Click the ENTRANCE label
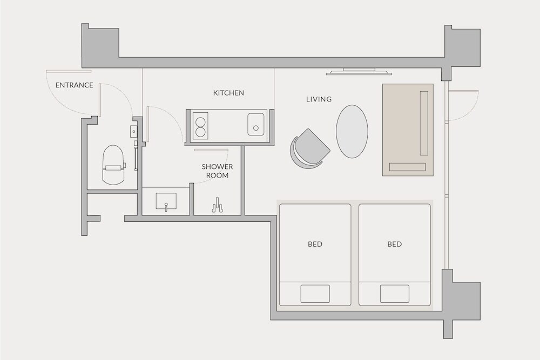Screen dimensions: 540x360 tap(75, 85)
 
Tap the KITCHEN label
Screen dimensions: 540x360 tap(228, 93)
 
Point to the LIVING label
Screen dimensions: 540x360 tap(319, 99)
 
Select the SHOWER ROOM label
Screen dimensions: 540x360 tap(217, 171)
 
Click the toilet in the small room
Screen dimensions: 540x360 tap(113, 165)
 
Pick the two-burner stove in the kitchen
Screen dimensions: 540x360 tap(200, 126)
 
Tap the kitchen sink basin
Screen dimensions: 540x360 tap(256, 124)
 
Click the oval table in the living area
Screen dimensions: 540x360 tap(352, 132)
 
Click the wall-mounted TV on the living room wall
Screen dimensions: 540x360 tap(359, 72)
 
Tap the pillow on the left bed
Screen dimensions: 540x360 tap(315, 294)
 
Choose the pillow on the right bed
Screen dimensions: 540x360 tap(395, 294)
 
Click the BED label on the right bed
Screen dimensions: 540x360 tap(395, 244)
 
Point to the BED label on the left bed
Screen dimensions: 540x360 tap(315, 244)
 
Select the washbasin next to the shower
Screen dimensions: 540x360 tap(166, 201)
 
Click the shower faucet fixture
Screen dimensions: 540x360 tap(217, 205)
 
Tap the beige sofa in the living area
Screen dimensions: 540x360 tap(408, 130)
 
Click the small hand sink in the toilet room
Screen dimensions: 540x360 tap(133, 131)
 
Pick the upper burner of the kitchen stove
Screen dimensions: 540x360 tap(200, 121)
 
